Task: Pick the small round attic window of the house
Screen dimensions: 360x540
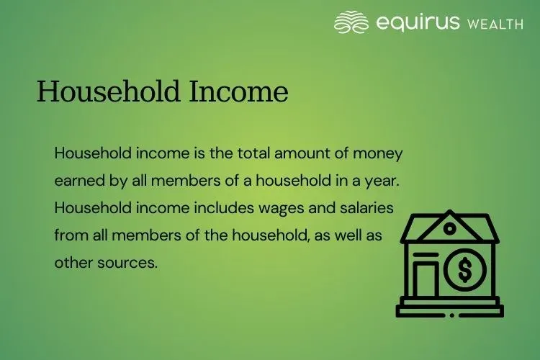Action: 449,229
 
